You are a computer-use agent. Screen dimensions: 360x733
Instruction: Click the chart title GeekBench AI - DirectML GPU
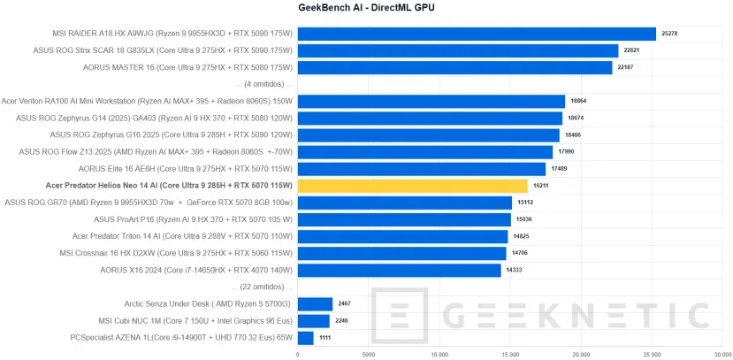tap(366, 8)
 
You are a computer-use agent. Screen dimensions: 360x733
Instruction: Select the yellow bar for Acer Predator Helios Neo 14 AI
tap(412, 186)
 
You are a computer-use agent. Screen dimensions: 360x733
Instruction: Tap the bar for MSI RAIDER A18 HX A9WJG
tap(477, 34)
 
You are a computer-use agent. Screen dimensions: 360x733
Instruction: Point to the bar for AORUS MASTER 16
tap(454, 67)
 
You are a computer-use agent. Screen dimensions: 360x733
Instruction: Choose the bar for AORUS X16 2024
tap(399, 270)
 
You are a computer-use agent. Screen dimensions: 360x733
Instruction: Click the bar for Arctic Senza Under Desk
tap(315, 303)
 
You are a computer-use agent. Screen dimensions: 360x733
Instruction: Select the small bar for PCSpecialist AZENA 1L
tap(305, 337)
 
